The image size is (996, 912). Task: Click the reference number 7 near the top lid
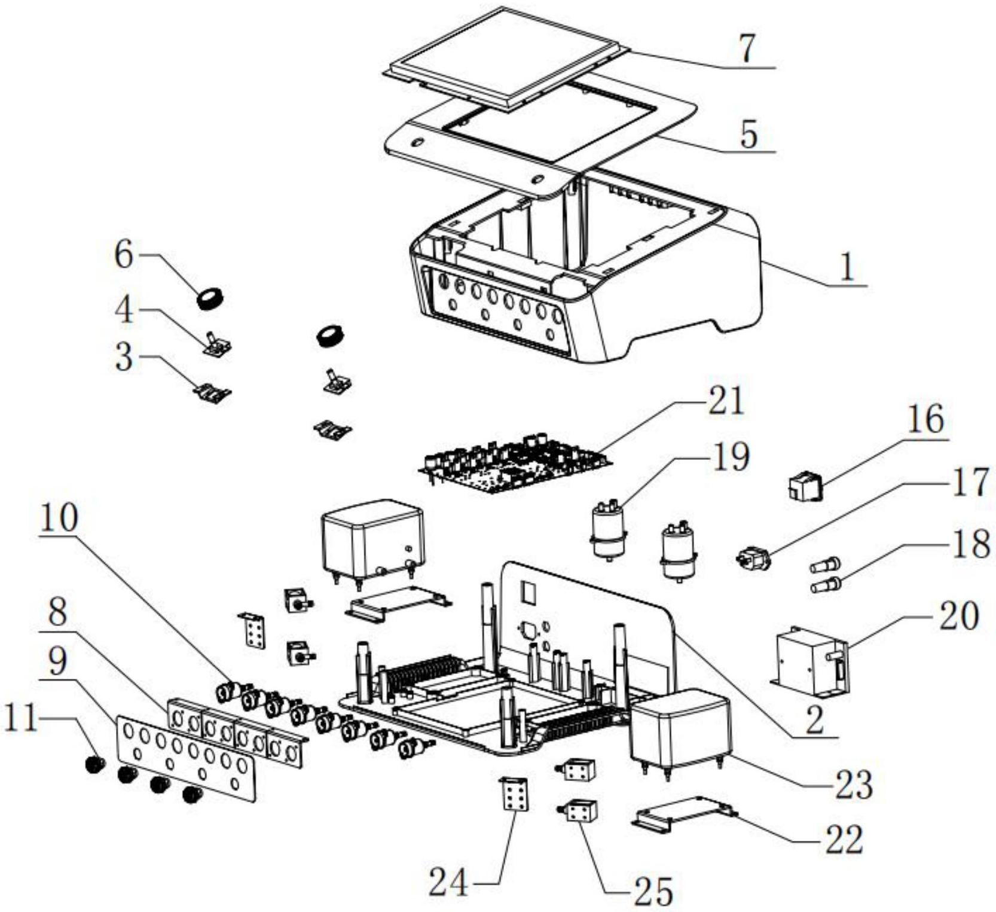click(747, 48)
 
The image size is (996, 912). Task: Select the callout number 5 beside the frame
click(748, 134)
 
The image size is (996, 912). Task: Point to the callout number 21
click(725, 401)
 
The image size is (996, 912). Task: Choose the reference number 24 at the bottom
click(448, 882)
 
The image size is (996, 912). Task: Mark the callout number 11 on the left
click(21, 718)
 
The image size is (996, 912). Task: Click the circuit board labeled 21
click(515, 463)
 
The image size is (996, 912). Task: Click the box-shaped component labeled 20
click(811, 661)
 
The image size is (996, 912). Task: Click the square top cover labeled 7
click(506, 59)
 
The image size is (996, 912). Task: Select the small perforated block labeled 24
click(514, 794)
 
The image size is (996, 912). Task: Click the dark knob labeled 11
click(94, 764)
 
